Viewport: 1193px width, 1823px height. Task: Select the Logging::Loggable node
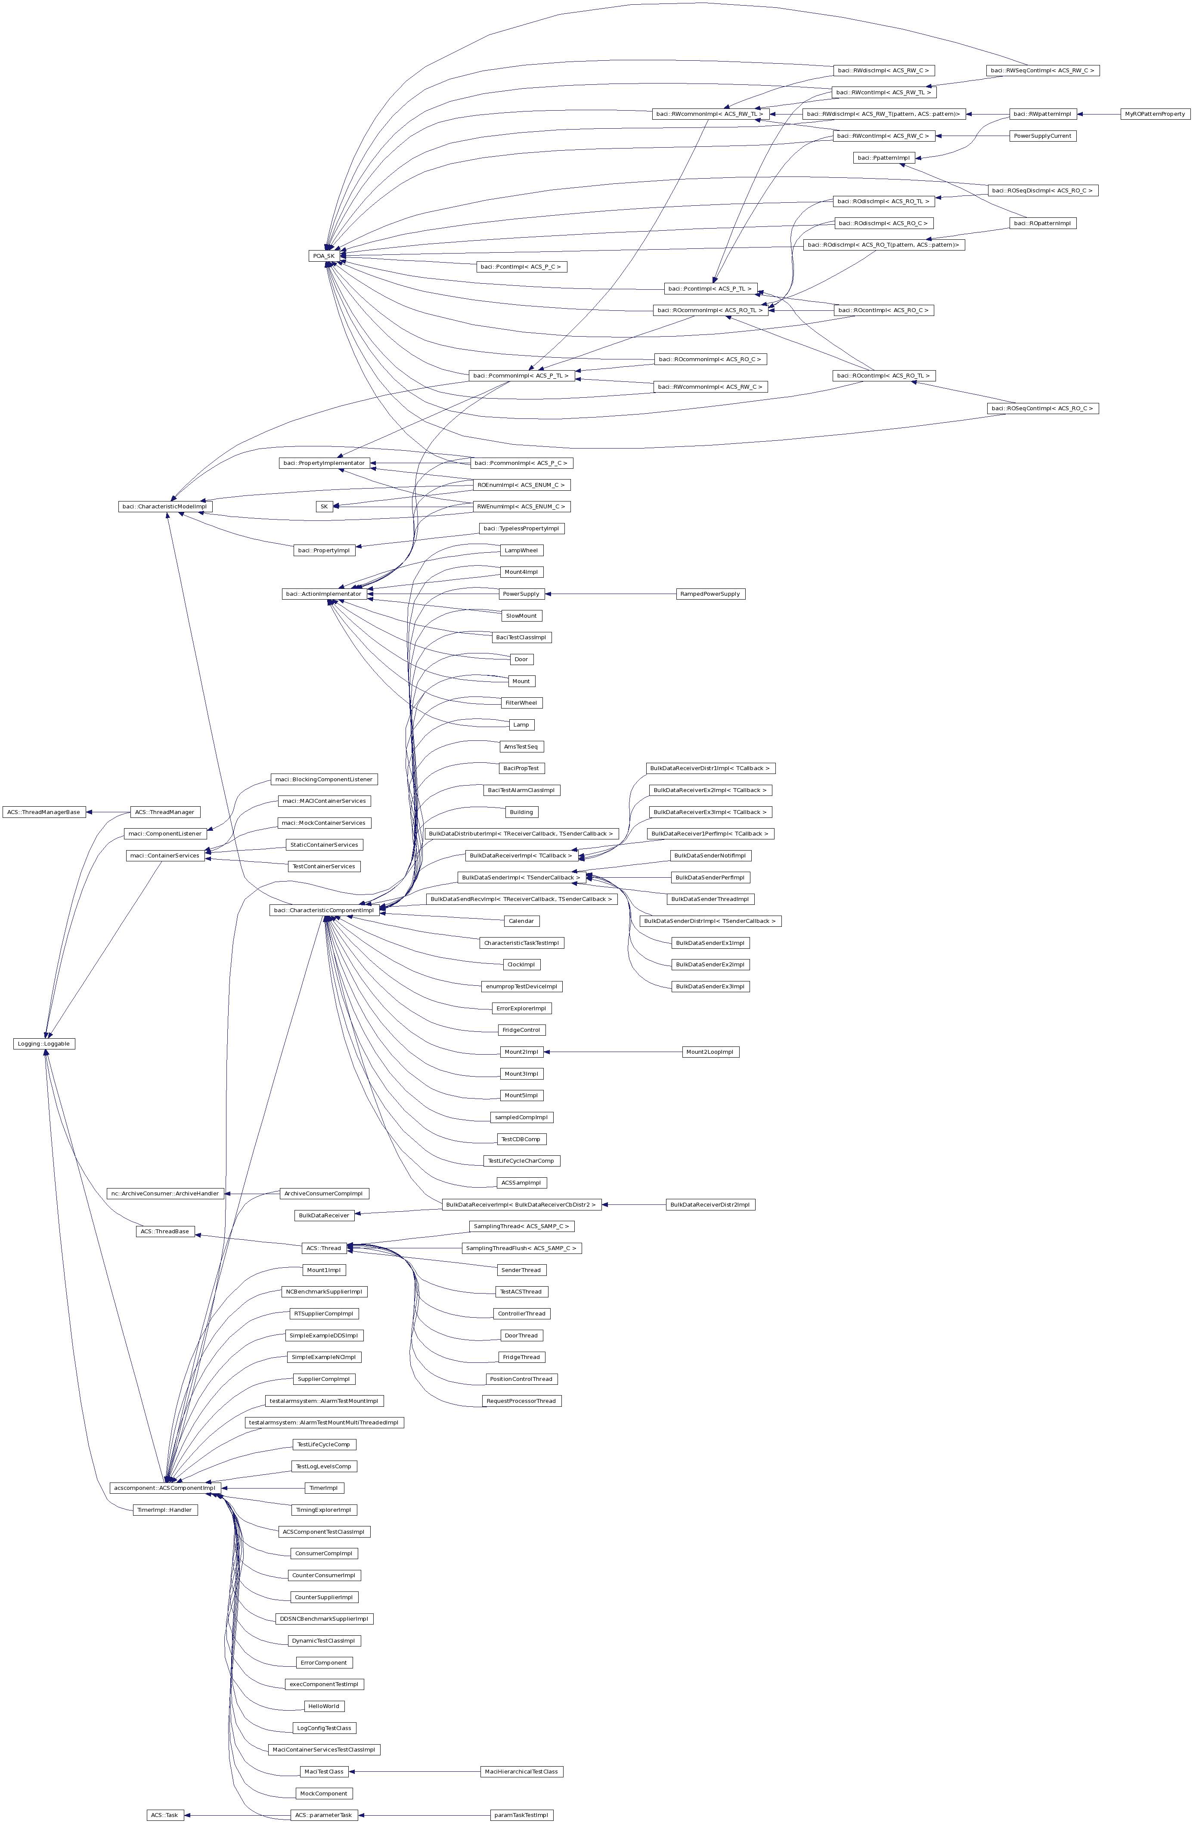pyautogui.click(x=44, y=1043)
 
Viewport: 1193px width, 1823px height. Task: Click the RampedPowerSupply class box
pyautogui.click(x=710, y=594)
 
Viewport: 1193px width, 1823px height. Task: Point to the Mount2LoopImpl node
pyautogui.click(x=710, y=1052)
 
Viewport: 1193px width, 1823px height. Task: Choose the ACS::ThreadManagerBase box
pyautogui.click(x=43, y=811)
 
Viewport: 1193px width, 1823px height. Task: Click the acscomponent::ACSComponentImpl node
pyautogui.click(x=165, y=1488)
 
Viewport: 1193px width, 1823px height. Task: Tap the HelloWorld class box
pyautogui.click(x=323, y=1706)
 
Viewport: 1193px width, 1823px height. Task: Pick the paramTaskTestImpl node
pyautogui.click(x=521, y=1814)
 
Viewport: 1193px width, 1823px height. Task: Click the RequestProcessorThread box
pyautogui.click(x=521, y=1400)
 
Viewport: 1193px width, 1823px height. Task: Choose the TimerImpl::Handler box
pyautogui.click(x=165, y=1509)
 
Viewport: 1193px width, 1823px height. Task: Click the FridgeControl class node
pyautogui.click(x=521, y=1030)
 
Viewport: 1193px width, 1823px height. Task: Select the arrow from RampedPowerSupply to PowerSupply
pyautogui.click(x=609, y=594)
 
